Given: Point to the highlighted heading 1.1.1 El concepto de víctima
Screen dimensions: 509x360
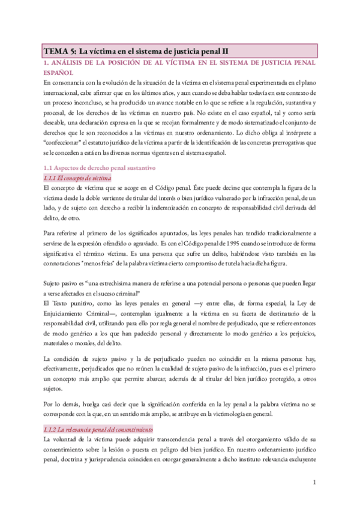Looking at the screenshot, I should pos(78,179).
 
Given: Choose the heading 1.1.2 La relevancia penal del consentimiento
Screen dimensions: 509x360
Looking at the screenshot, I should pos(98,429).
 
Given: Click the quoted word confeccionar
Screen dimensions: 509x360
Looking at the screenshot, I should pos(68,136).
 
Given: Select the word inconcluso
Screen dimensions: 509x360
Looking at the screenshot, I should pos(99,104).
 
